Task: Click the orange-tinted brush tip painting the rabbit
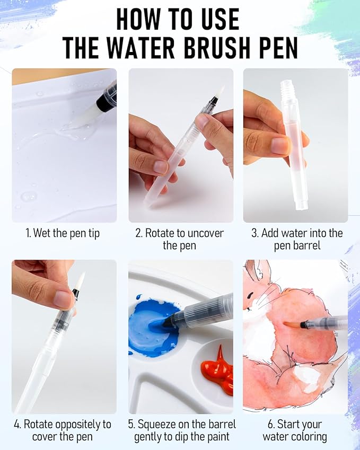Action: [x=292, y=324]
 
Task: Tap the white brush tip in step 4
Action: [x=80, y=281]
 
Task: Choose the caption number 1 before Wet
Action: [x=28, y=233]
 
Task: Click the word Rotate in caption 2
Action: [x=161, y=233]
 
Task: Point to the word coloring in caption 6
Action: [x=309, y=437]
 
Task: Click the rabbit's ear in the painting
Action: [x=257, y=272]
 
